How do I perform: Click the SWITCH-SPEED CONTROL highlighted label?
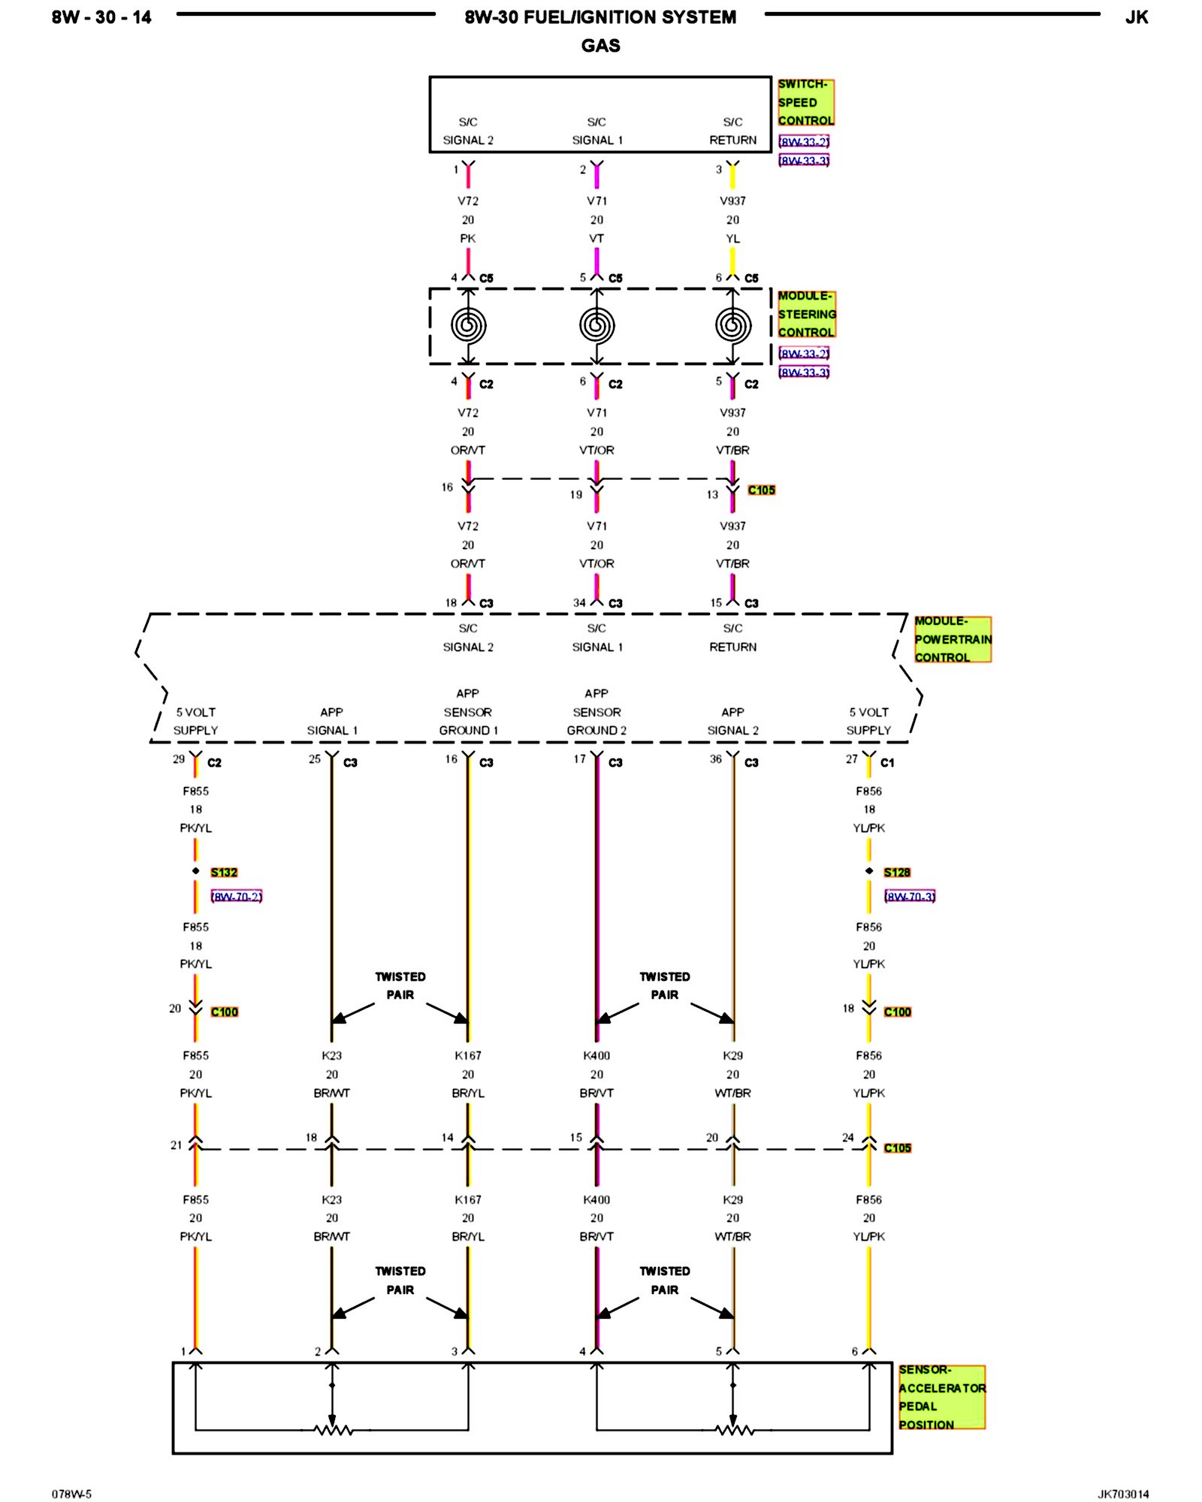(805, 102)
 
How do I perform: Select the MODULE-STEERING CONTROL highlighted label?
(806, 314)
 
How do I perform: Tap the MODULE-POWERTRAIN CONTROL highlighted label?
(952, 639)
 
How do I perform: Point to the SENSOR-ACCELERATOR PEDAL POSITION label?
(941, 1397)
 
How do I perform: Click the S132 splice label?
(224, 872)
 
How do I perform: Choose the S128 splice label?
(897, 872)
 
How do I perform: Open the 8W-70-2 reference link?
(237, 896)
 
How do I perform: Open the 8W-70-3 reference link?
(910, 896)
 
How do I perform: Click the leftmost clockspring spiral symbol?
(468, 326)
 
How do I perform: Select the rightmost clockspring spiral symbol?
(732, 326)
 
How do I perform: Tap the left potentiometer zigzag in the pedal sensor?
(333, 1430)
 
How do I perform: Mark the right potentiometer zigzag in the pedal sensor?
(734, 1430)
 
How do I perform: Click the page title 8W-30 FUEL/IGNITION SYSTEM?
(600, 17)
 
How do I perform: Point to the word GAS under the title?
(600, 46)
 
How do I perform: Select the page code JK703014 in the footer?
(1123, 1494)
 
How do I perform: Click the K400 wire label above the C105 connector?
(596, 1055)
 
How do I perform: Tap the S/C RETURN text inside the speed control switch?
(732, 131)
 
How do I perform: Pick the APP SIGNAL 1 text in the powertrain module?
(331, 721)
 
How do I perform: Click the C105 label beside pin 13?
(761, 490)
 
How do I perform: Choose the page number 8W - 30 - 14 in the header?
(101, 17)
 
